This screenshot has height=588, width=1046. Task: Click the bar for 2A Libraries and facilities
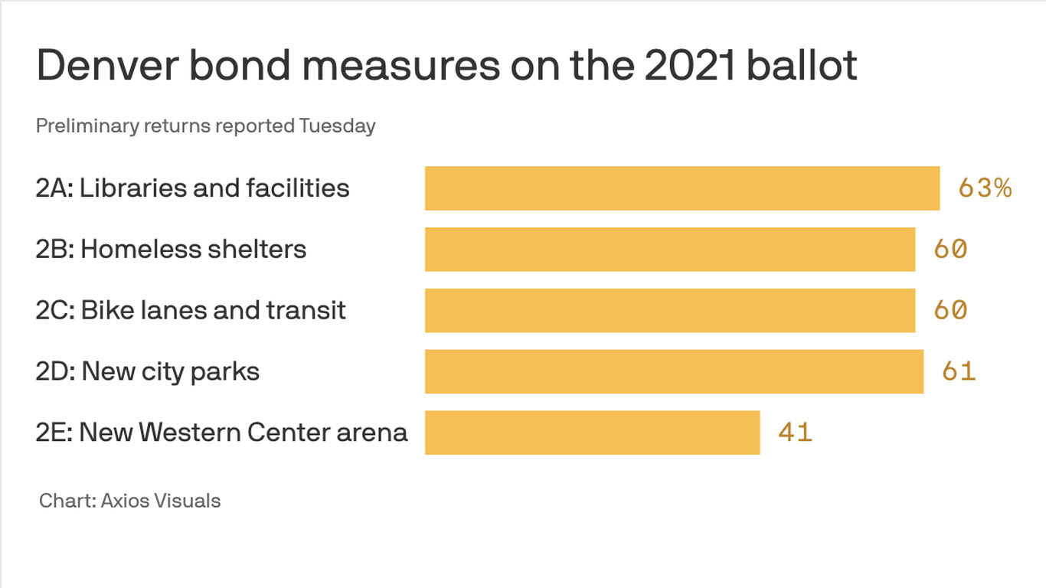(682, 188)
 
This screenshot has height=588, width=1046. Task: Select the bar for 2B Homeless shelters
(670, 250)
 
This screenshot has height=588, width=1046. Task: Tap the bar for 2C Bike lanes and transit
(670, 311)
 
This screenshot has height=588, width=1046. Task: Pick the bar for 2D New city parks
(674, 372)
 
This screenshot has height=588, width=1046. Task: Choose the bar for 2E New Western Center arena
(592, 433)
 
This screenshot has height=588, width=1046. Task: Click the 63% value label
(985, 188)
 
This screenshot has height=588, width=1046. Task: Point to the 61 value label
(959, 372)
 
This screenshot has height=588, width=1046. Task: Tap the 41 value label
(795, 433)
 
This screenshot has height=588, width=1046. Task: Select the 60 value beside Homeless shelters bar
(950, 250)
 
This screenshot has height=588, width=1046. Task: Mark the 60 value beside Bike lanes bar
(950, 311)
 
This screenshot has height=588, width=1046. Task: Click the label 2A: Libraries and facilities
(192, 188)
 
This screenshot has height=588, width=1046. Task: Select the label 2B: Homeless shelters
(171, 250)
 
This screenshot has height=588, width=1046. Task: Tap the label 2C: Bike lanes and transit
(191, 311)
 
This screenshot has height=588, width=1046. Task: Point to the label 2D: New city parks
(148, 372)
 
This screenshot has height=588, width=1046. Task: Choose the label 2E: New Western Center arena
(221, 433)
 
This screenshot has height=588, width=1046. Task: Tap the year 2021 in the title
(689, 67)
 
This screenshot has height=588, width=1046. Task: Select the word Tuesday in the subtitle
(337, 126)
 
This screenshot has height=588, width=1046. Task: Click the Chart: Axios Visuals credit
(130, 501)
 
